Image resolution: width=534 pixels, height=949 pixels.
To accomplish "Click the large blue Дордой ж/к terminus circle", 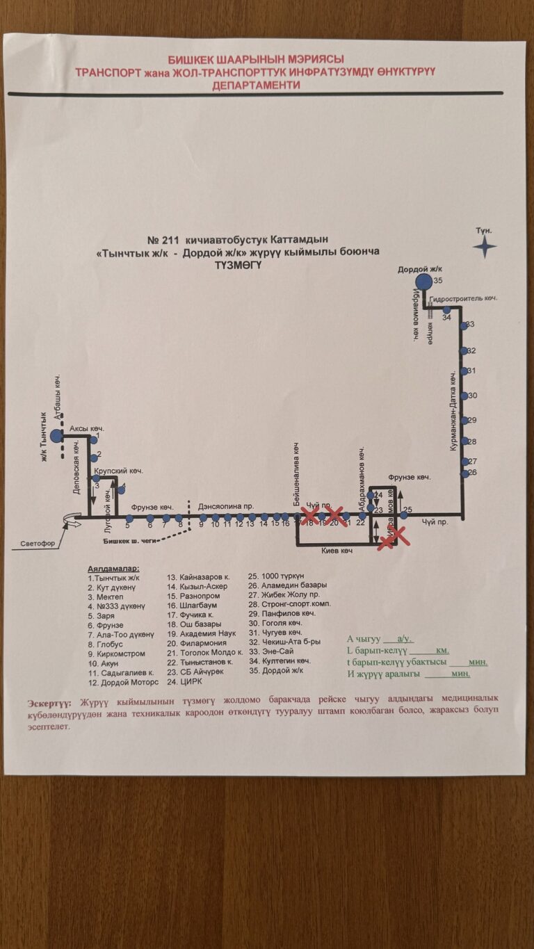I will [x=423, y=281].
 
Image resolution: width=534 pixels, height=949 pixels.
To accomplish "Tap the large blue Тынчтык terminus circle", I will [x=56, y=436].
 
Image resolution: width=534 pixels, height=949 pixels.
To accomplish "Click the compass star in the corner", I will [x=484, y=246].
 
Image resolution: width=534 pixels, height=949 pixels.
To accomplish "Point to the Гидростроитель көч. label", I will [x=463, y=298].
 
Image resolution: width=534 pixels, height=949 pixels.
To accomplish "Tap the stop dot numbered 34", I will [x=447, y=310].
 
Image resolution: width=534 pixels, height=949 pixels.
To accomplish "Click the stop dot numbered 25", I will [x=398, y=515].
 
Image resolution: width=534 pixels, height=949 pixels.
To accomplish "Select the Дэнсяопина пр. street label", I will [x=226, y=507].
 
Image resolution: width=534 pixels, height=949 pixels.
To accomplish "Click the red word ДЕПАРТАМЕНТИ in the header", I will [x=257, y=86].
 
